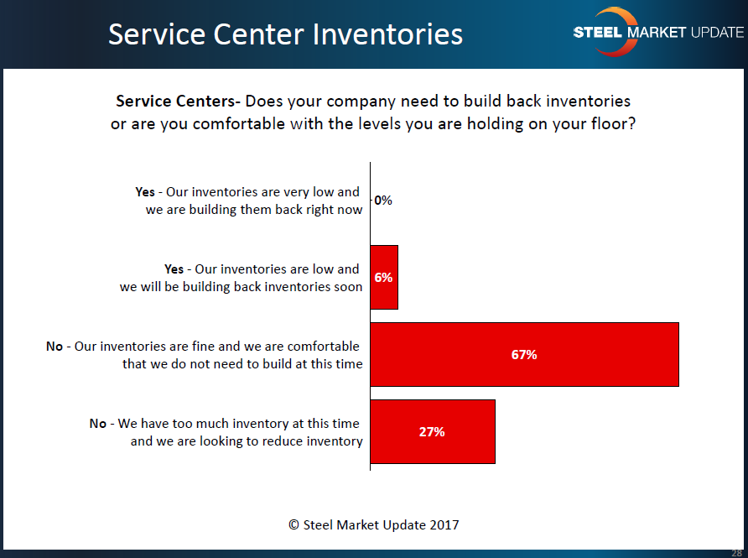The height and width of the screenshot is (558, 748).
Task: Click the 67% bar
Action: [524, 354]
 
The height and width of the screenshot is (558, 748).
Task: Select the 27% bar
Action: [433, 431]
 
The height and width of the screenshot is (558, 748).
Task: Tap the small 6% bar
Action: [384, 278]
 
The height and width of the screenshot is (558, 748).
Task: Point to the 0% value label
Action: [383, 201]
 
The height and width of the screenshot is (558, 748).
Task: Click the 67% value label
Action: [524, 355]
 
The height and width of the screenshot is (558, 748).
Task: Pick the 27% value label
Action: [432, 432]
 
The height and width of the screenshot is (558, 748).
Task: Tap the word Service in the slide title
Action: [158, 34]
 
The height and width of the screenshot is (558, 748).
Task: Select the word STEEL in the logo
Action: [598, 32]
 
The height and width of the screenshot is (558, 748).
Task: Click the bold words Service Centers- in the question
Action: [179, 102]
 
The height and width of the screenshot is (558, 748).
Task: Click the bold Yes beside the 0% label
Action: [145, 192]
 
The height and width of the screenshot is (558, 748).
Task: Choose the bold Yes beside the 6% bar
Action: [174, 269]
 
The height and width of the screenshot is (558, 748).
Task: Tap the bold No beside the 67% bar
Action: [55, 347]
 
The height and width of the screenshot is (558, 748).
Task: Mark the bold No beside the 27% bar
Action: [98, 424]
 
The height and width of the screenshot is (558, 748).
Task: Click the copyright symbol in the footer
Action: [293, 525]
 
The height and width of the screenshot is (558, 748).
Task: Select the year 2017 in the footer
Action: [444, 525]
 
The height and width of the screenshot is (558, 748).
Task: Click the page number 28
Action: [736, 553]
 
